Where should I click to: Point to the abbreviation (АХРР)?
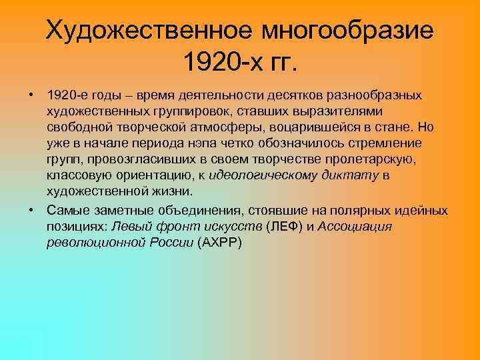(x=221, y=243)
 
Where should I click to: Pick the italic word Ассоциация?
(x=355, y=227)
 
